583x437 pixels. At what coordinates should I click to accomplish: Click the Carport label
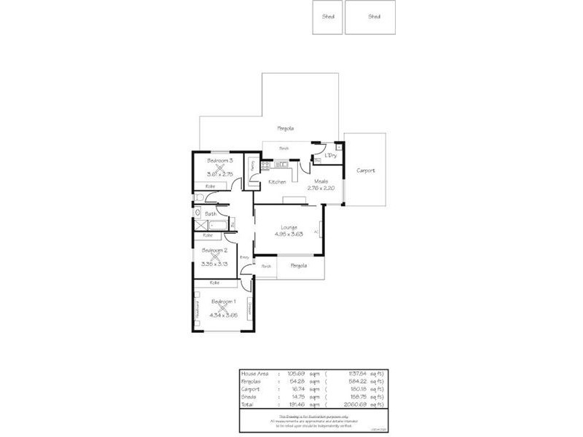(366, 170)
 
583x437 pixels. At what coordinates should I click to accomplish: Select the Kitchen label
(277, 181)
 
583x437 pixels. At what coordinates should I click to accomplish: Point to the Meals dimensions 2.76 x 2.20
(321, 189)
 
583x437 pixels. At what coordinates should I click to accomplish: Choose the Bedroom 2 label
(215, 250)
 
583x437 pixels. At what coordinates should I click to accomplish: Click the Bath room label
(210, 213)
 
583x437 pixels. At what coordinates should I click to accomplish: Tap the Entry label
(244, 257)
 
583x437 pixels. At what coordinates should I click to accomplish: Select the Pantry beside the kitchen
(252, 166)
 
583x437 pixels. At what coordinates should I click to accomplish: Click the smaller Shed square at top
(328, 17)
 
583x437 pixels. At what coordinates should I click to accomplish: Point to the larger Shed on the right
(374, 17)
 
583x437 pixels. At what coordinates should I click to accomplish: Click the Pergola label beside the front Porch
(299, 265)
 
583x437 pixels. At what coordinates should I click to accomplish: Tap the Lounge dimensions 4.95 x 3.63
(289, 235)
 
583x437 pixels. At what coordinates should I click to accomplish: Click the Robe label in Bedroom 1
(215, 283)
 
